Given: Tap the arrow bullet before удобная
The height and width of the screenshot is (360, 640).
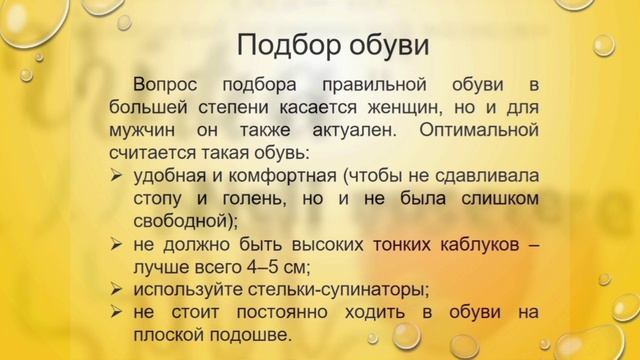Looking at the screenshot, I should [116, 175].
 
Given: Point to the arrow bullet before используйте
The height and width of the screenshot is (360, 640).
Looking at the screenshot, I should [116, 290].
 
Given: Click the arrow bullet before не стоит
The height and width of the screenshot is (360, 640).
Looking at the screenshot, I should [116, 312].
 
